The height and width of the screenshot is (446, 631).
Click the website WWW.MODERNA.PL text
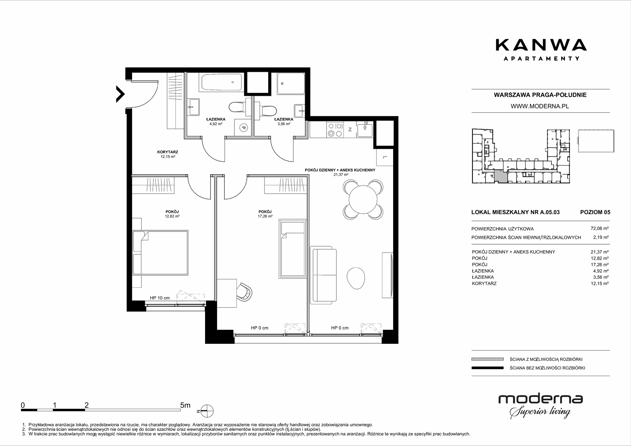coord(540,107)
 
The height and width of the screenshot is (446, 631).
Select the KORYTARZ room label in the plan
coord(168,152)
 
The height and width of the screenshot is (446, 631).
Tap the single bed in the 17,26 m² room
coord(293,249)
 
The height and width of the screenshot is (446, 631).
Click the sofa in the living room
coord(324,275)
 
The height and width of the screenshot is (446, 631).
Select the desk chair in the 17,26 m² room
coord(245,292)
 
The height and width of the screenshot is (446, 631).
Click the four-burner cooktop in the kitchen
coord(335,130)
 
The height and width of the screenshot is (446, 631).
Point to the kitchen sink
coord(365,130)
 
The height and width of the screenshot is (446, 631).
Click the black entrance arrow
coord(120,94)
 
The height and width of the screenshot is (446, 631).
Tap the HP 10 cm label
coord(160,298)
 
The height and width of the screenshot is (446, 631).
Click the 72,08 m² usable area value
coord(599,229)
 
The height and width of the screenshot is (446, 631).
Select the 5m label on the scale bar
coord(185,405)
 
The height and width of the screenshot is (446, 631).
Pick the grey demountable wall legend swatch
coord(487,359)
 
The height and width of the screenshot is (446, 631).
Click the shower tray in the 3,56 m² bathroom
coord(291,84)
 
